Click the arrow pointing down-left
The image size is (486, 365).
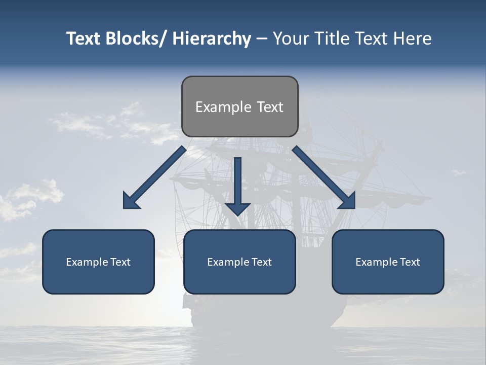[157, 175]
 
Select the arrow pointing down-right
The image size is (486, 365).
[322, 175]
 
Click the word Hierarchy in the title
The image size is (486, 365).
[212, 39]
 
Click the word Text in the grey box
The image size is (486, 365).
[270, 107]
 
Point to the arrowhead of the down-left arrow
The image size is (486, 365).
[131, 202]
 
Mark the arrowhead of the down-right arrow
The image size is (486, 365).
[348, 202]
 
